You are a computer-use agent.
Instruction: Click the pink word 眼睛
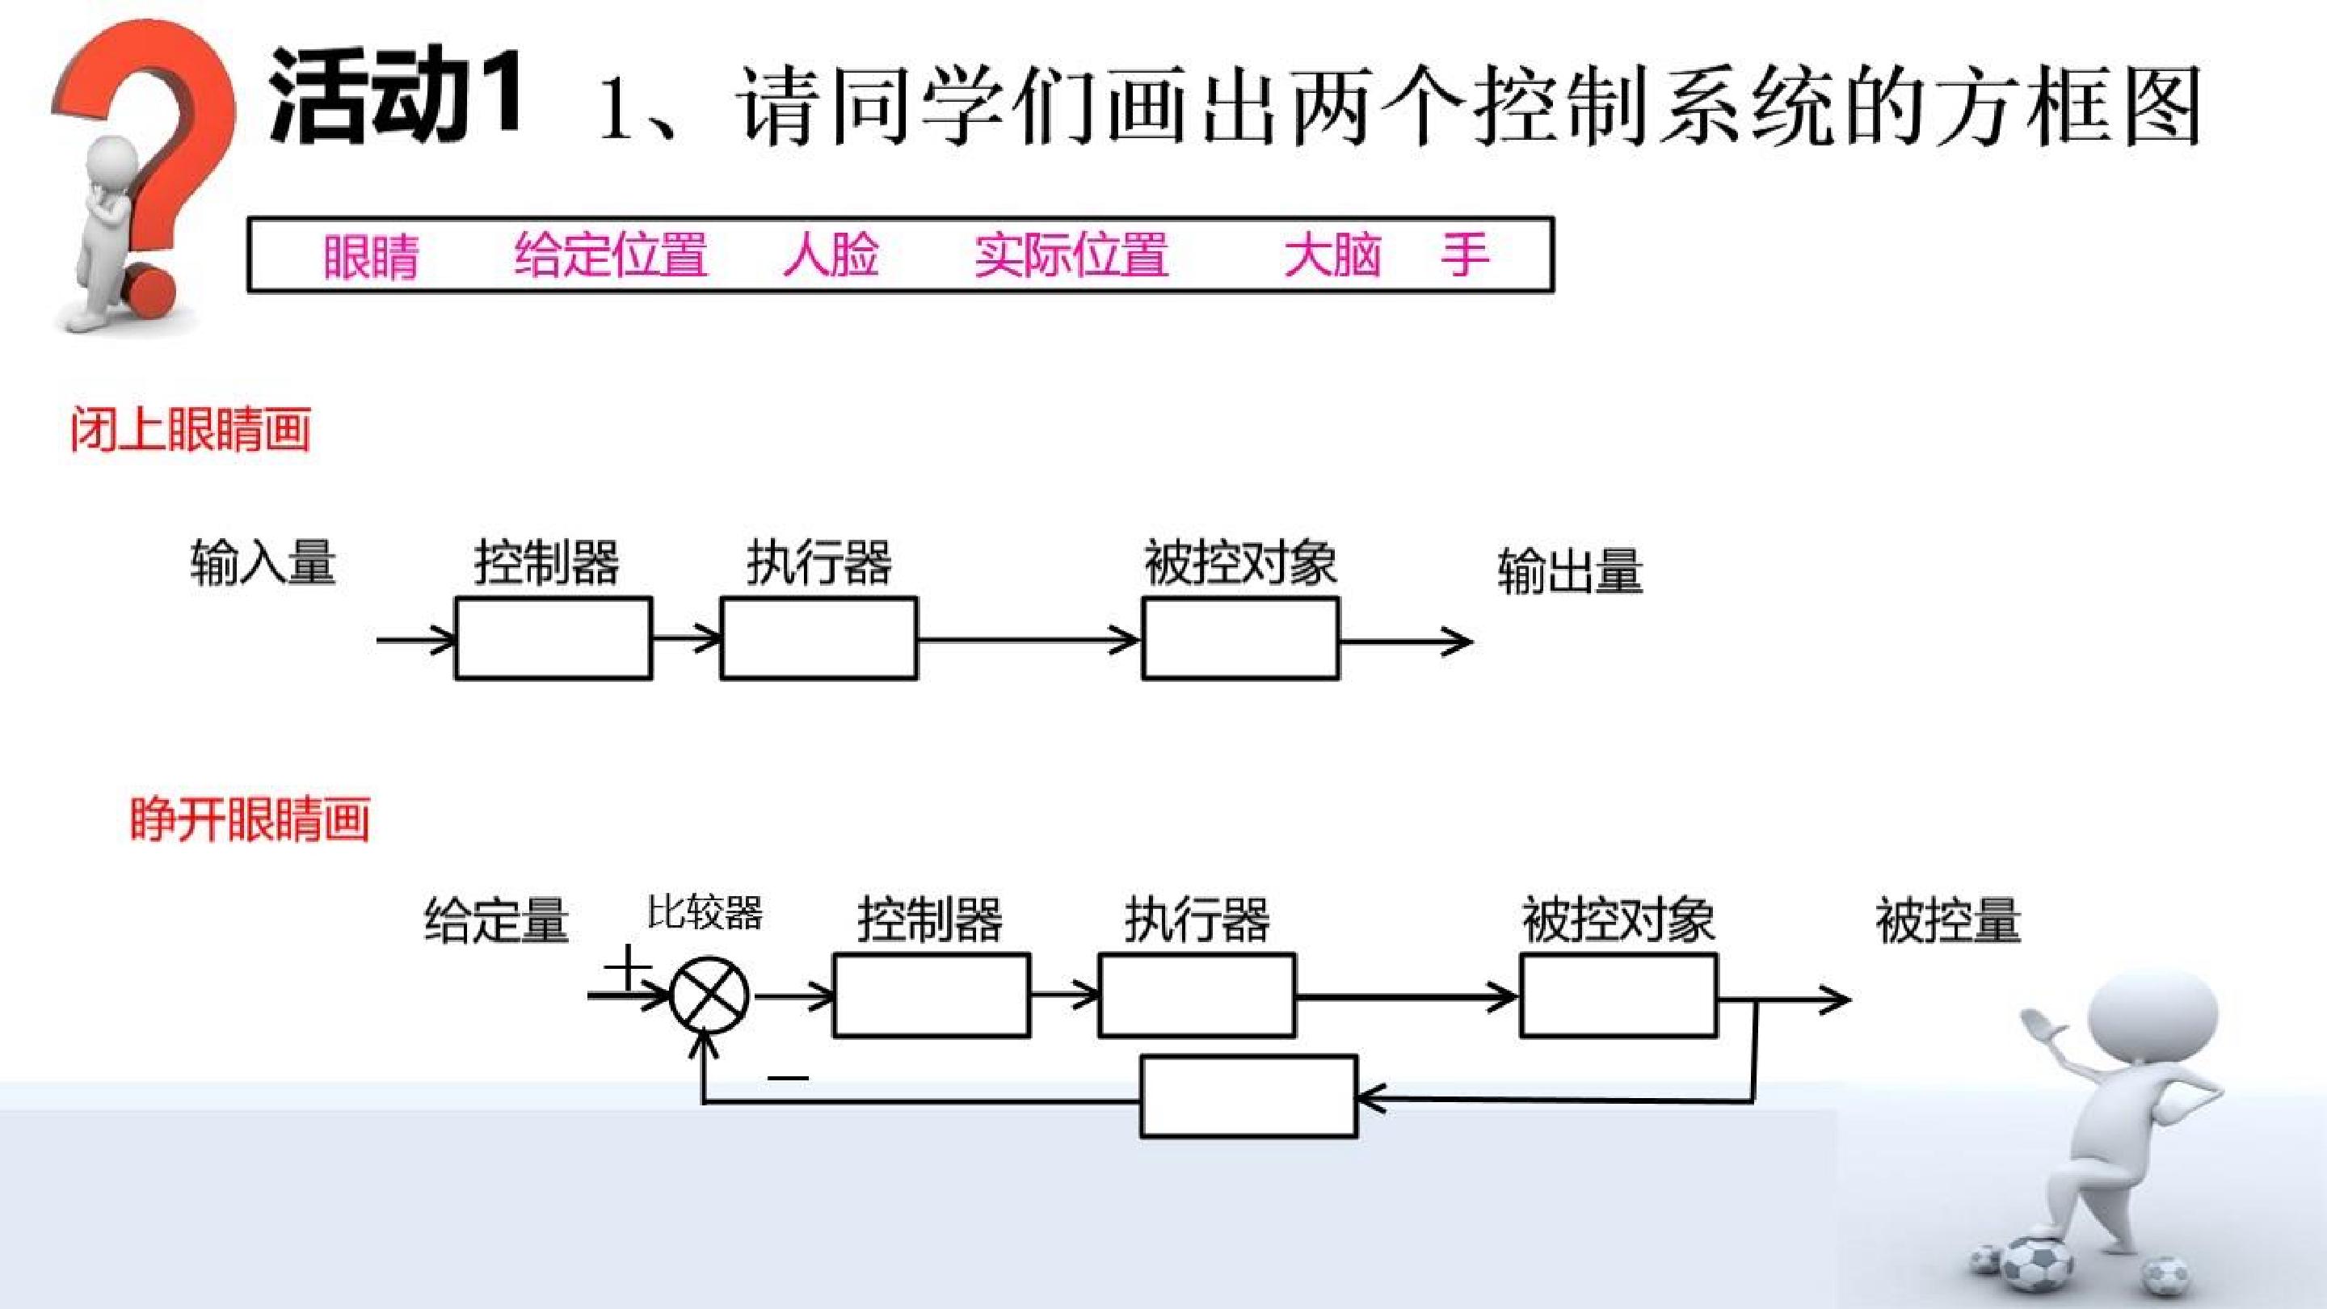[370, 255]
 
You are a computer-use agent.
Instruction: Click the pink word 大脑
[1333, 255]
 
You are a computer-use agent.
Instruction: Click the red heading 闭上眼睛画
[191, 429]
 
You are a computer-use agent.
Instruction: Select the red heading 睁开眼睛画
[250, 819]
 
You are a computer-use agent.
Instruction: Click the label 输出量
[1571, 571]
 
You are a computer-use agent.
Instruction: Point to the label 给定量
[497, 920]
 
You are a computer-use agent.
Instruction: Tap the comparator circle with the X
[710, 996]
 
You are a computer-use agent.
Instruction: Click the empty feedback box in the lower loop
[1249, 1096]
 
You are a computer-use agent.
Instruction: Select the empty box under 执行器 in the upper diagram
[819, 638]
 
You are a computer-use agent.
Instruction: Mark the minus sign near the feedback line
[789, 1077]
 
